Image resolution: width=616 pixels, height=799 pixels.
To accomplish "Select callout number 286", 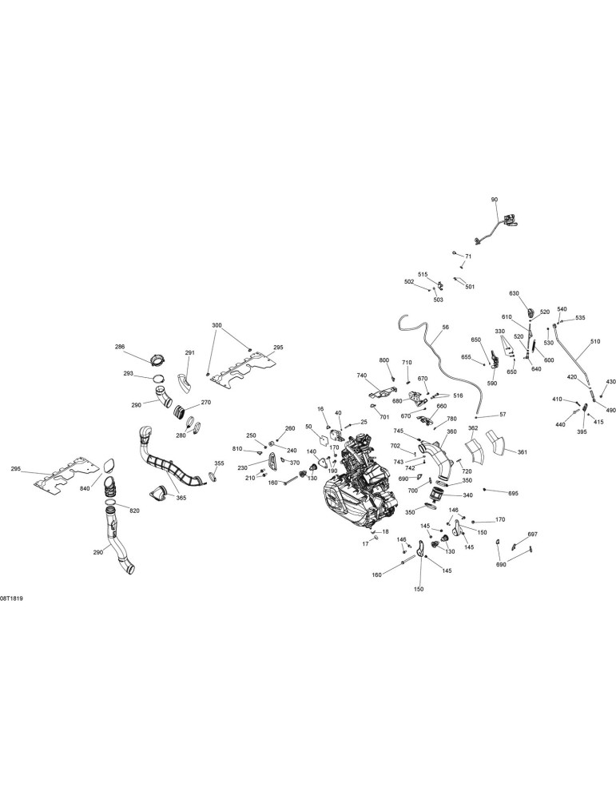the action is (x=120, y=347).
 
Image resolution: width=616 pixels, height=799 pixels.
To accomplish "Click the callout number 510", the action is (x=595, y=341).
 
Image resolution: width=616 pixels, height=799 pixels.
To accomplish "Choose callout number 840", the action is (x=85, y=489).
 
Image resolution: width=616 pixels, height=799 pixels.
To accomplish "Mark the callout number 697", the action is (x=532, y=535).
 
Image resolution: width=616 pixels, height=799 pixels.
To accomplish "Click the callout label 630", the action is (x=514, y=293).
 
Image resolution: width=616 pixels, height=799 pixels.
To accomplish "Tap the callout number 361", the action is (x=523, y=452).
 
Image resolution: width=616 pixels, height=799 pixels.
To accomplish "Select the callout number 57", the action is (x=503, y=415).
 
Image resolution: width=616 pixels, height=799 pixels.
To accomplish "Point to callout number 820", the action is (x=134, y=511).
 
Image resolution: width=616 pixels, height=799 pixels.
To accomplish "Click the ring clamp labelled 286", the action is (x=158, y=360).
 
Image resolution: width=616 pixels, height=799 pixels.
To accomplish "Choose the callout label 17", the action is (x=365, y=544).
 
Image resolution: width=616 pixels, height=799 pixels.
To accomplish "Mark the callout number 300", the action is (x=217, y=325).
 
